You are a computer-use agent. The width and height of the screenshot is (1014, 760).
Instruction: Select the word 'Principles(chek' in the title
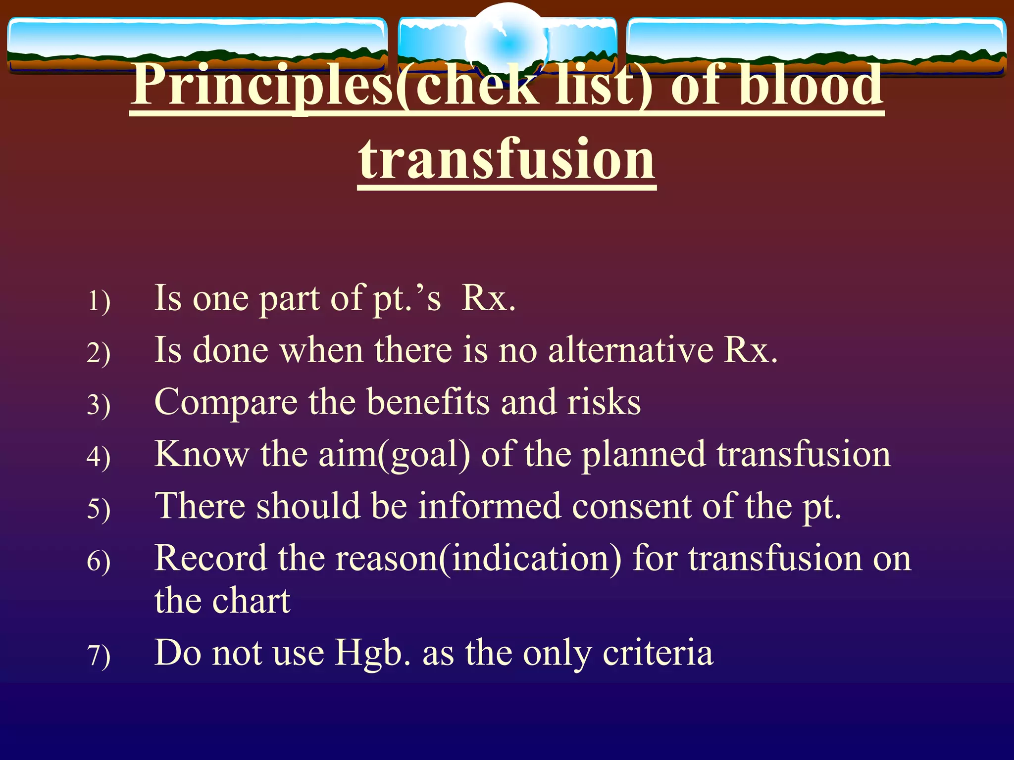click(334, 85)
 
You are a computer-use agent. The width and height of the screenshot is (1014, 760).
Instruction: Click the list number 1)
click(99, 301)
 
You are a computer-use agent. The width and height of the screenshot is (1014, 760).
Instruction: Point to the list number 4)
click(99, 456)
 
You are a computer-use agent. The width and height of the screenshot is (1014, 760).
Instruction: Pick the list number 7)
click(99, 656)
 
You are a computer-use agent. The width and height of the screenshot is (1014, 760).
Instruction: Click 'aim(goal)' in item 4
click(394, 454)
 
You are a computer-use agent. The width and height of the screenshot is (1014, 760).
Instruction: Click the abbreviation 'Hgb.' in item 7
click(373, 653)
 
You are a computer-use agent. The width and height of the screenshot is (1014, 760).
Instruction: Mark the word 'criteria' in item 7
click(658, 653)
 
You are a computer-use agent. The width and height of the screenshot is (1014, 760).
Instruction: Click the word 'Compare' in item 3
click(226, 403)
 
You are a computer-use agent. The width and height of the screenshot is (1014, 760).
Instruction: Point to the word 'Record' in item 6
click(210, 558)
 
